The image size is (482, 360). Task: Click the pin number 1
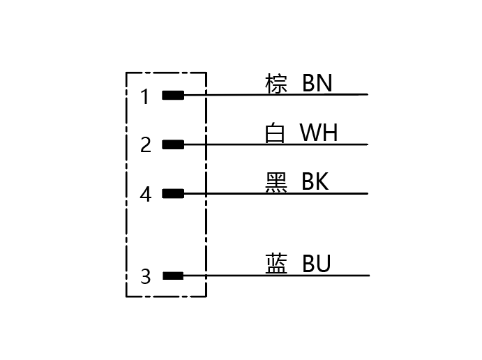pyautogui.click(x=145, y=96)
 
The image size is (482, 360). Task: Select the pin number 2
pyautogui.click(x=145, y=145)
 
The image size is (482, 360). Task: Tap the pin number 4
pyautogui.click(x=145, y=194)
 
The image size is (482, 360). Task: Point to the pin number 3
pyautogui.click(x=145, y=277)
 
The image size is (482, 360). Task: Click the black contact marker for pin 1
pyautogui.click(x=173, y=95)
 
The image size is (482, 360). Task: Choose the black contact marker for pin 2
pyautogui.click(x=173, y=144)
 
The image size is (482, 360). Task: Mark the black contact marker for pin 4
pyautogui.click(x=173, y=193)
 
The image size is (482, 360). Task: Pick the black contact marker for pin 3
pyautogui.click(x=173, y=276)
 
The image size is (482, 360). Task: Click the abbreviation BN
pyautogui.click(x=317, y=84)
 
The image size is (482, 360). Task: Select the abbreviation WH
pyautogui.click(x=319, y=133)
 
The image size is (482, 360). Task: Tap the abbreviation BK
pyautogui.click(x=315, y=181)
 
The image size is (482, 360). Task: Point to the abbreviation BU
pyautogui.click(x=316, y=264)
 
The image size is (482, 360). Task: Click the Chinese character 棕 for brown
pyautogui.click(x=276, y=84)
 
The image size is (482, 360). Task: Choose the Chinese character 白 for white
pyautogui.click(x=276, y=133)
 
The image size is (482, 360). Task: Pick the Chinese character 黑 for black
pyautogui.click(x=276, y=181)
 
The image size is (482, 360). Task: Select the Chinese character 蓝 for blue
pyautogui.click(x=276, y=264)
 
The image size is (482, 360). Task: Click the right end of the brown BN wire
pyautogui.click(x=366, y=94)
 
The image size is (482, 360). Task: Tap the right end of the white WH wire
pyautogui.click(x=366, y=144)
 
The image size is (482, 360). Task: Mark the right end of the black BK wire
pyautogui.click(x=366, y=193)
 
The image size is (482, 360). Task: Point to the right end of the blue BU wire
pyautogui.click(x=366, y=275)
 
